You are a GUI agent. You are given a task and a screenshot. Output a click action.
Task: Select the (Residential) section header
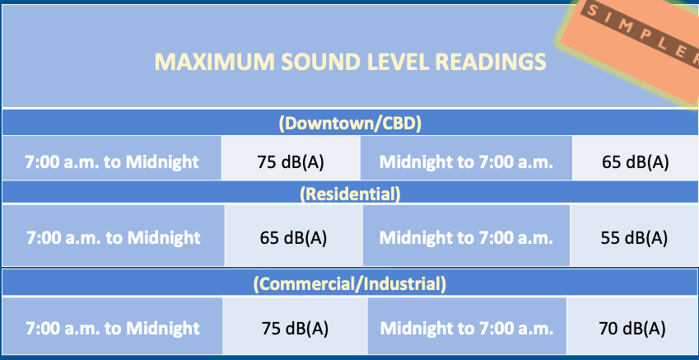coord(350,194)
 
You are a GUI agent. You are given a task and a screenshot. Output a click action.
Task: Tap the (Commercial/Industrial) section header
coord(349,283)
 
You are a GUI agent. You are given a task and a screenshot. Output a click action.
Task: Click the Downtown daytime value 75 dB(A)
coord(290,162)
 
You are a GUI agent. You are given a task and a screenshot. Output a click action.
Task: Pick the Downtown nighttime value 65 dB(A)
coord(636,162)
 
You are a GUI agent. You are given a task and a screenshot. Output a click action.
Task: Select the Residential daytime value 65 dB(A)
coord(293,238)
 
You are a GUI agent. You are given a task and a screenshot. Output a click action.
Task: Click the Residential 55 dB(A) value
coord(634,238)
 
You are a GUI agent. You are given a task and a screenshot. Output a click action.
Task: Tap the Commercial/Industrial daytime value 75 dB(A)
coord(295,329)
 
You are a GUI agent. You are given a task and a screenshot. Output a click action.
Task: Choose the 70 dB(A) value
coord(632,329)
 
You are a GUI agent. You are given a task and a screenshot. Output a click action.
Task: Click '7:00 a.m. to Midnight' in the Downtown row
coord(111,162)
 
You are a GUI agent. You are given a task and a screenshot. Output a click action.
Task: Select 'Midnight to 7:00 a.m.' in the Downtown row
coord(466,162)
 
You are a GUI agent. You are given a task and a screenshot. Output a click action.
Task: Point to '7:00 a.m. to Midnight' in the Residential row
coord(114,238)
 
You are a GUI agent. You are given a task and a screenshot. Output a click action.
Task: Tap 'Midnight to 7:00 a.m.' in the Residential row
coord(466,238)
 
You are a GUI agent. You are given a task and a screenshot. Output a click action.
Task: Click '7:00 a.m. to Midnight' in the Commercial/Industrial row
coord(112,329)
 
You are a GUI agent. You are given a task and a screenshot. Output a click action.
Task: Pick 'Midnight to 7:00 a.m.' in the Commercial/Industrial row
coord(467,329)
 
